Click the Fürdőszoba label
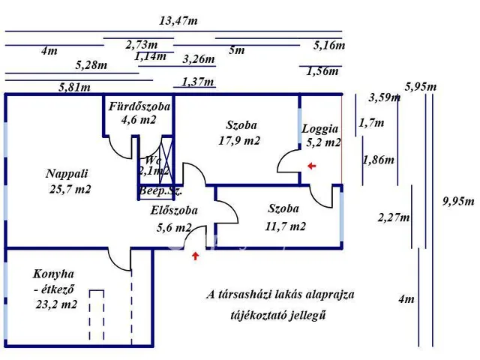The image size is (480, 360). [139, 106]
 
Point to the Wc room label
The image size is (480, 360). [152, 160]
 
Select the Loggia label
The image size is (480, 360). [320, 128]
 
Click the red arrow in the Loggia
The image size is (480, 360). [311, 166]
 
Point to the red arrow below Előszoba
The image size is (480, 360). [196, 256]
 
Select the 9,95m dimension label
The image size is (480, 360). [459, 200]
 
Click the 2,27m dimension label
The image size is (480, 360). [394, 217]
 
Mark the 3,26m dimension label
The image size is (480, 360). [199, 59]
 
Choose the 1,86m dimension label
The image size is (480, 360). [379, 160]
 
